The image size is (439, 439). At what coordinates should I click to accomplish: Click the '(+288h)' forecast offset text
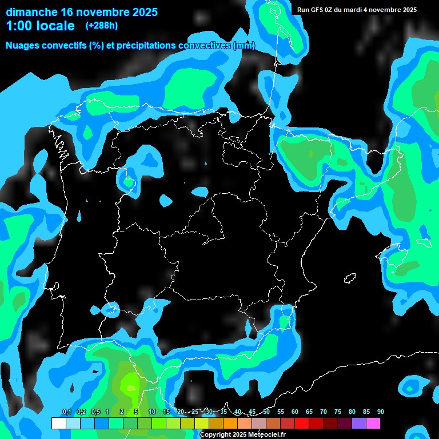(x=101, y=26)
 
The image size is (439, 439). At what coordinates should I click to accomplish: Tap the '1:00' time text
(x=19, y=26)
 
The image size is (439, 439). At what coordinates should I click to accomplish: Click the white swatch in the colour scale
(x=58, y=424)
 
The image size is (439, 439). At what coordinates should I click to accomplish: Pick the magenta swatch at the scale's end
(x=373, y=424)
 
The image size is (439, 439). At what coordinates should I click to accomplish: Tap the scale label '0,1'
(x=66, y=412)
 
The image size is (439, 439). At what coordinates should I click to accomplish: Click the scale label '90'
(x=380, y=412)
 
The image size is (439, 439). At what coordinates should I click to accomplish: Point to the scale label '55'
(x=280, y=412)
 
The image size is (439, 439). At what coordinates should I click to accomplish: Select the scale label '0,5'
(x=95, y=412)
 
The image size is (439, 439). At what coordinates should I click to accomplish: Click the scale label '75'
(x=337, y=412)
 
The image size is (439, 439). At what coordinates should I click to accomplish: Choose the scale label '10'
(x=151, y=412)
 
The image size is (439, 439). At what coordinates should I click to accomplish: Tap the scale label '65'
(x=309, y=412)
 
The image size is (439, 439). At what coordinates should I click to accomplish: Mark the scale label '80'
(x=352, y=412)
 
